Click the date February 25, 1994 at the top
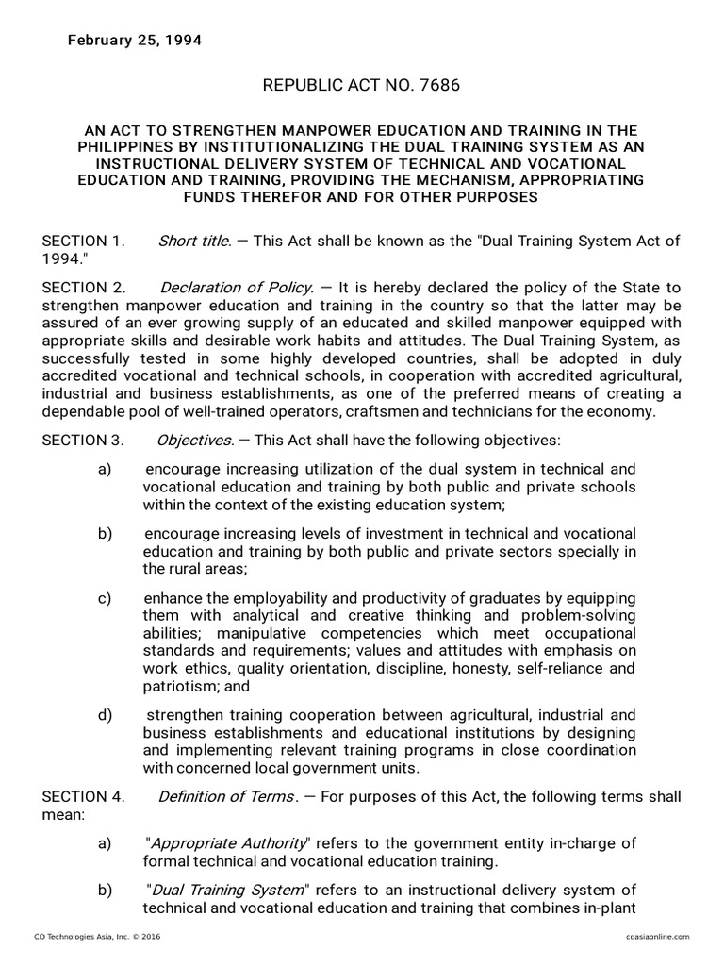(133, 41)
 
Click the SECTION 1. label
(83, 241)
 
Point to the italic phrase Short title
(193, 241)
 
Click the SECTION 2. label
(83, 287)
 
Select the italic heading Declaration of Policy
(234, 287)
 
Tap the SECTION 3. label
(83, 441)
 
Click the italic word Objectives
(196, 441)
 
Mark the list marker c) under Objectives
(105, 599)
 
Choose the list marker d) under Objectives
(105, 714)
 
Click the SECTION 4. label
(83, 797)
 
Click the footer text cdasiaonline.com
(652, 937)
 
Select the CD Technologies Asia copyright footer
(95, 937)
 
